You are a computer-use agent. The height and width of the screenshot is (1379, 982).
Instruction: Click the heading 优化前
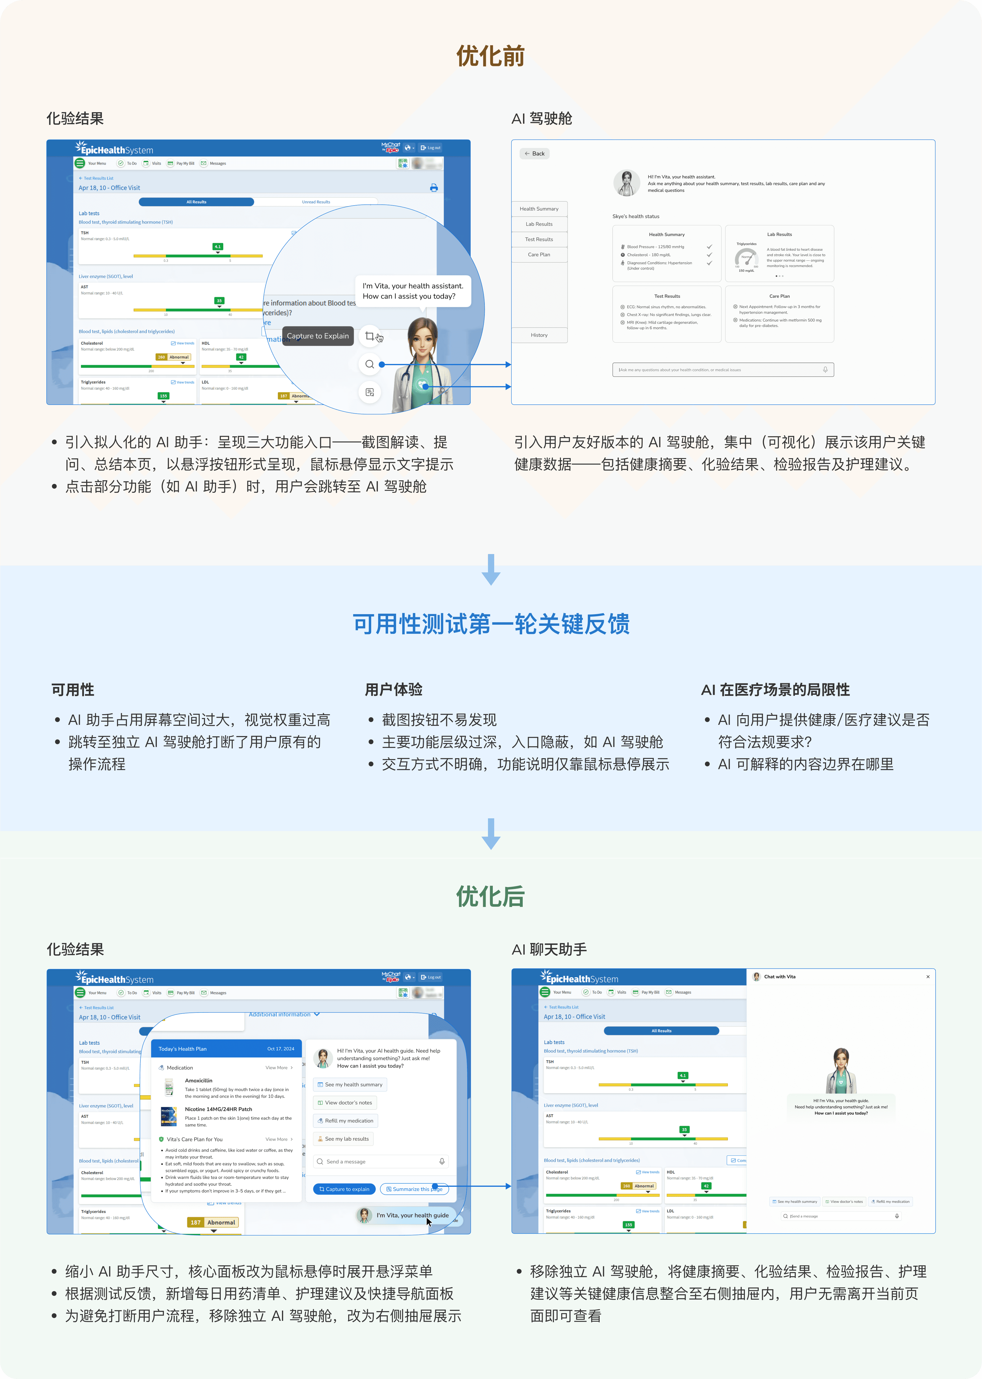coord(490,56)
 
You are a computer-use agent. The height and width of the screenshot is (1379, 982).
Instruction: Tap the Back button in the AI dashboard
coord(535,153)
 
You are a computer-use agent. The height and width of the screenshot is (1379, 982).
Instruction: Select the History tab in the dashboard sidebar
coord(539,335)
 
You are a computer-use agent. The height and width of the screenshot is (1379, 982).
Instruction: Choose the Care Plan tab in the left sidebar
coord(539,255)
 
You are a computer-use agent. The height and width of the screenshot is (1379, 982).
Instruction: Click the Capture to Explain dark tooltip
coord(317,336)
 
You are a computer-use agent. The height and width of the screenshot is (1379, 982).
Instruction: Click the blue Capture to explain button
coord(344,1189)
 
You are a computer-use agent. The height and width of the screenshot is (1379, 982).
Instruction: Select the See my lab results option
coord(343,1139)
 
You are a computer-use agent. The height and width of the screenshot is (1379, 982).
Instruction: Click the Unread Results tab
coord(316,202)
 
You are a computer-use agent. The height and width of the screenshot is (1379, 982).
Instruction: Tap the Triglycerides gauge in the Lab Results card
coord(746,257)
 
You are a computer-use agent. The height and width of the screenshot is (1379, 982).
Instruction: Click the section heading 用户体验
coord(394,690)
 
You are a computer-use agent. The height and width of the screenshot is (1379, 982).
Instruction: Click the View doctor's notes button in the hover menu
coord(345,1103)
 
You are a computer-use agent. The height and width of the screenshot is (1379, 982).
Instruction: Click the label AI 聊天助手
coord(549,949)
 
